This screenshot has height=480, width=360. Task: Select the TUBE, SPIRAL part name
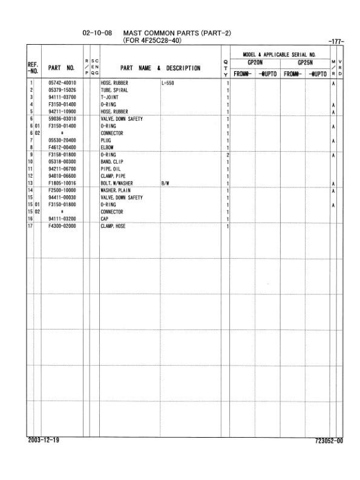[113, 90]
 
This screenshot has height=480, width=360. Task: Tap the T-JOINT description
[110, 97]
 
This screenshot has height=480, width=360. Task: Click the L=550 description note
[168, 83]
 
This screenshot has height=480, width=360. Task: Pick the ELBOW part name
[108, 148]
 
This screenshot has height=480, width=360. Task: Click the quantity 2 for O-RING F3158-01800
[227, 155]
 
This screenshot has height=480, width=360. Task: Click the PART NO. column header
[62, 68]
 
